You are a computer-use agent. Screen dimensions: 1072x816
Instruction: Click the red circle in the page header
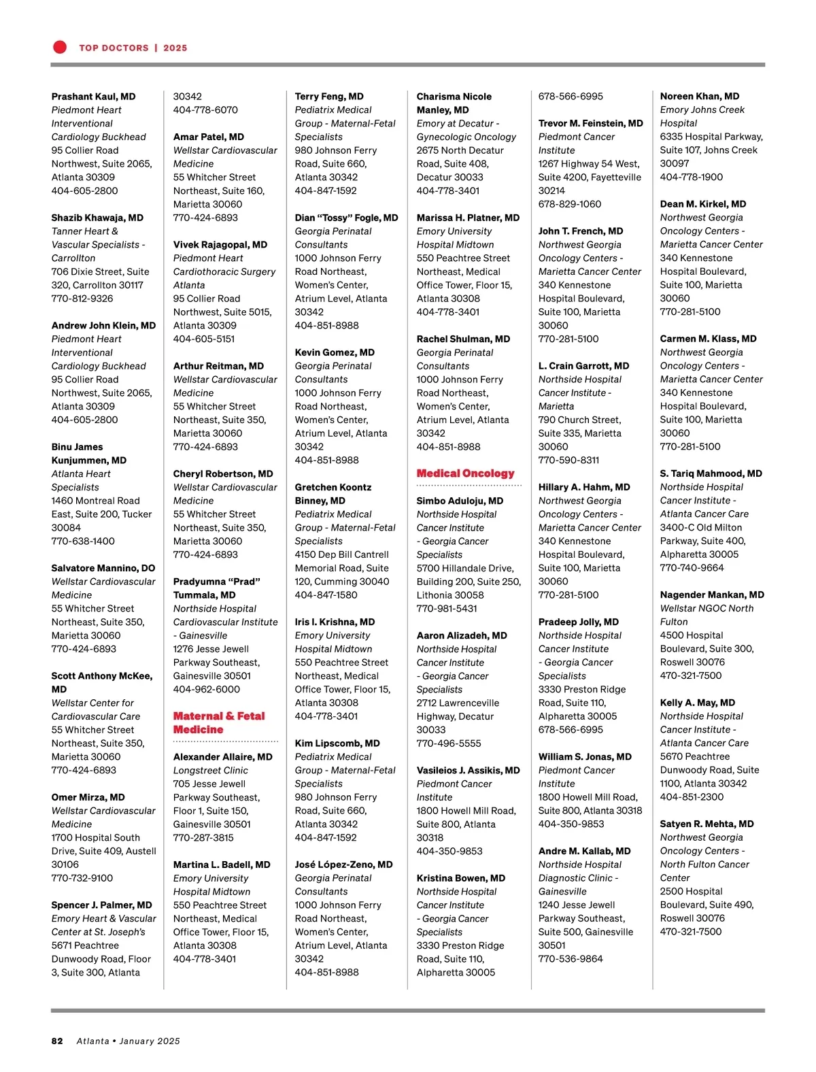pyautogui.click(x=60, y=47)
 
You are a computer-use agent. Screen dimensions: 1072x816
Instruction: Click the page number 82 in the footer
pyautogui.click(x=57, y=1041)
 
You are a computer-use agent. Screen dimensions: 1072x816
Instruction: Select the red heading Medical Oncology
pyautogui.click(x=465, y=473)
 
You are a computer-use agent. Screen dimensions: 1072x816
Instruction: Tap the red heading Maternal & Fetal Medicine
pyautogui.click(x=218, y=722)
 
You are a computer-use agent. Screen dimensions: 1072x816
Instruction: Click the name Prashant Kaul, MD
pyautogui.click(x=93, y=97)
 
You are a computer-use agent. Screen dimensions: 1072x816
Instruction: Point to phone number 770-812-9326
pyautogui.click(x=82, y=299)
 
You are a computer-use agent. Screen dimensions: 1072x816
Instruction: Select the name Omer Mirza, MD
pyautogui.click(x=88, y=797)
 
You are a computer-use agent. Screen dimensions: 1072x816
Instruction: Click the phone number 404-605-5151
pyautogui.click(x=204, y=339)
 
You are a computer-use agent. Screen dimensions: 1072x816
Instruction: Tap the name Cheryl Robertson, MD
pyautogui.click(x=223, y=473)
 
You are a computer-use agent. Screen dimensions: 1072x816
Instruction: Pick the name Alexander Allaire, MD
pyautogui.click(x=222, y=756)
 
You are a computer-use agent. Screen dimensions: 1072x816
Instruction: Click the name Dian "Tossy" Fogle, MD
pyautogui.click(x=346, y=218)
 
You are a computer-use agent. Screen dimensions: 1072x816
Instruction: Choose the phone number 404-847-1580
pyautogui.click(x=326, y=595)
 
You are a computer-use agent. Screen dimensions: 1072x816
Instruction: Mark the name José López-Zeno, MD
pyautogui.click(x=343, y=865)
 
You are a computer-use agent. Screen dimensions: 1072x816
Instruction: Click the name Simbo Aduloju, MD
pyautogui.click(x=460, y=501)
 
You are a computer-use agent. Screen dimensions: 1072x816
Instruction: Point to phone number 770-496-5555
pyautogui.click(x=448, y=743)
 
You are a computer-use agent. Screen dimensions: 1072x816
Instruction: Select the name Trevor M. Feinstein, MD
pyautogui.click(x=590, y=123)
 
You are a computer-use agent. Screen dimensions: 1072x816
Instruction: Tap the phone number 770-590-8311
pyautogui.click(x=568, y=460)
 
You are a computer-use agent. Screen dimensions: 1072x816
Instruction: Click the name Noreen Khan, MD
pyautogui.click(x=699, y=97)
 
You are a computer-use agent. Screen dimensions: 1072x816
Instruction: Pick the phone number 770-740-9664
pyautogui.click(x=692, y=568)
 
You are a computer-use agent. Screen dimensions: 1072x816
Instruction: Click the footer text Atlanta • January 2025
pyautogui.click(x=128, y=1041)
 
